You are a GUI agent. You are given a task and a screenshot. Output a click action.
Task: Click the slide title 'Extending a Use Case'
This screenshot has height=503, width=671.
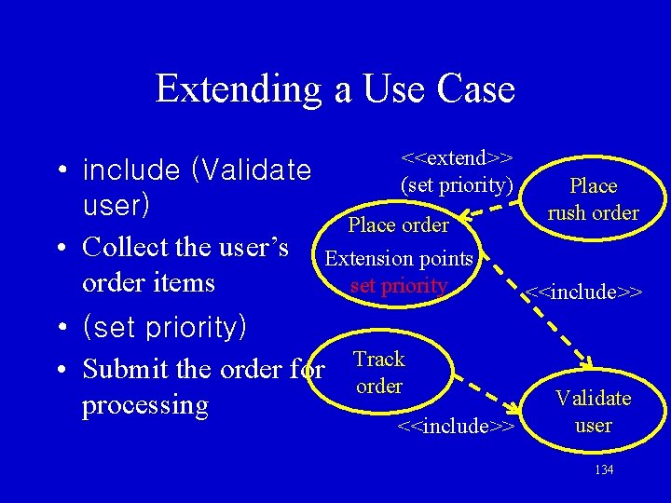[335, 88]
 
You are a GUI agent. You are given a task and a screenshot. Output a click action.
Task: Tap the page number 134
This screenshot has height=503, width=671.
[604, 469]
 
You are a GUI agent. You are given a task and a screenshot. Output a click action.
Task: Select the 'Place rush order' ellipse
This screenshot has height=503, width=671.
[593, 199]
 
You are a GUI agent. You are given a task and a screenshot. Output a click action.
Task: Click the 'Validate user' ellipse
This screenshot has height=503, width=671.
[593, 412]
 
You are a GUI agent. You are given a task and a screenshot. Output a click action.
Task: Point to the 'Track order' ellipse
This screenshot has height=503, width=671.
[379, 373]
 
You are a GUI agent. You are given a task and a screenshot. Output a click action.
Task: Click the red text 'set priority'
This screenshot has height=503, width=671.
[399, 285]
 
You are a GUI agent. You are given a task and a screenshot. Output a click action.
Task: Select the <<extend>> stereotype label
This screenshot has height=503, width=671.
[458, 157]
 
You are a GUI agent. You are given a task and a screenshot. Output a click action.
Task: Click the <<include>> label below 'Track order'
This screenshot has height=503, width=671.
[457, 427]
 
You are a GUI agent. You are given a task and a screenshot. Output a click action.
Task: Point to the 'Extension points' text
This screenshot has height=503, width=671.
[400, 258]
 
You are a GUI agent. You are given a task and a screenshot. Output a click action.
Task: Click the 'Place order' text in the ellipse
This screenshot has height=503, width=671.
[398, 224]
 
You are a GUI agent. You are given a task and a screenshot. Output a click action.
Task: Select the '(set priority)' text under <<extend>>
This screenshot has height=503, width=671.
[458, 184]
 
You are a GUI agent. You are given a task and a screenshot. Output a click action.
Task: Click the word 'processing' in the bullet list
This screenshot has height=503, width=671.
[144, 405]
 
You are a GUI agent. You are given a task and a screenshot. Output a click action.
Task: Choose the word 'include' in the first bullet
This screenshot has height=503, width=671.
[131, 170]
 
